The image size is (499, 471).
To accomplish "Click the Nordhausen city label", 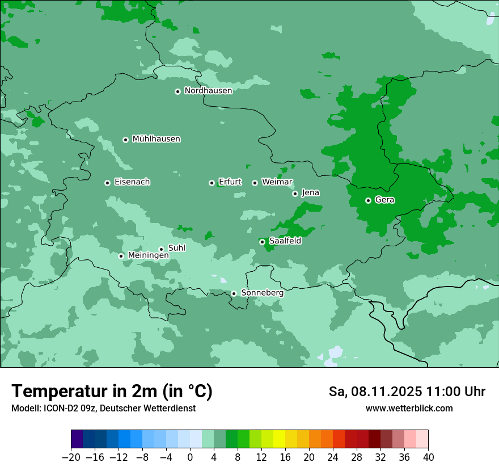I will (208, 91).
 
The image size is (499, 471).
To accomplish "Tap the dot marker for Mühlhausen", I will (125, 140).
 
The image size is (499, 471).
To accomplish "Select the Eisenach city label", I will (132, 182).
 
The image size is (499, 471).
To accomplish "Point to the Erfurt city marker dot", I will (212, 183).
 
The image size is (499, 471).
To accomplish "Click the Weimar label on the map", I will (277, 182).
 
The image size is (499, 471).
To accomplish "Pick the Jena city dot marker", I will (295, 194).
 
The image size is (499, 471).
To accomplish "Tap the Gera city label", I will (384, 200).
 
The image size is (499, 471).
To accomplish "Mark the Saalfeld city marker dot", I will (262, 242).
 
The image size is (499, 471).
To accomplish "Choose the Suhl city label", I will (176, 248).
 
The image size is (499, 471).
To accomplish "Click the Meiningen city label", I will (148, 256).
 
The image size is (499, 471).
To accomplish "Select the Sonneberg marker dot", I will (234, 293).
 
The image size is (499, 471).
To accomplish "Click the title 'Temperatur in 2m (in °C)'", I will (112, 392).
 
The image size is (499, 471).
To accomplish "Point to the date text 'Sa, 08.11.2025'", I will (375, 392).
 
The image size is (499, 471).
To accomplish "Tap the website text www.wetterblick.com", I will (409, 408).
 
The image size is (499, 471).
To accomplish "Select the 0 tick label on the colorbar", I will (190, 457).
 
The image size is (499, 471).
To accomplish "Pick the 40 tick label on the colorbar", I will (428, 457).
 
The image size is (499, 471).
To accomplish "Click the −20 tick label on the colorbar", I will (71, 457).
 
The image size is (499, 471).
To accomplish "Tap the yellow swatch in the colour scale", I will (279, 439).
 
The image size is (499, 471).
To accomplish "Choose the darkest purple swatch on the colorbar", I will (77, 439).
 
